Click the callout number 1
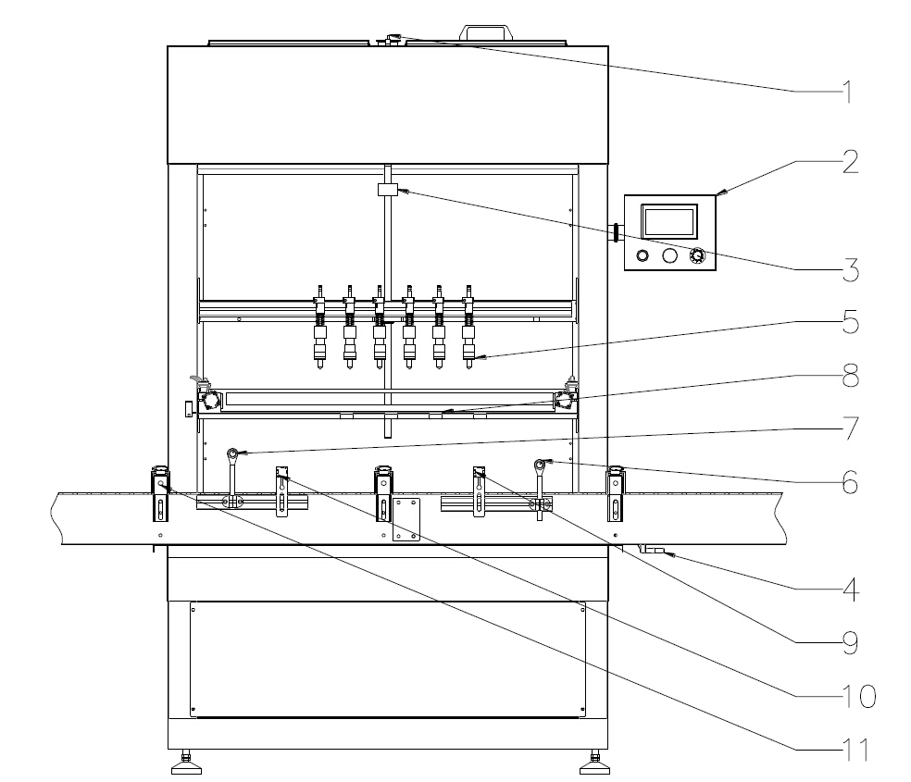(x=843, y=93)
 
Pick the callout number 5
(x=843, y=325)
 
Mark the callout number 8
(x=843, y=379)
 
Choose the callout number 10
(x=853, y=695)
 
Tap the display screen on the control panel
(x=668, y=221)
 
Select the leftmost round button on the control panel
(x=642, y=255)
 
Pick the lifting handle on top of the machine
(x=485, y=32)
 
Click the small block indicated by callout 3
(x=387, y=190)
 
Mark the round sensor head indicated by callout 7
(x=233, y=453)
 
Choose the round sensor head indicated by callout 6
(x=540, y=463)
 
